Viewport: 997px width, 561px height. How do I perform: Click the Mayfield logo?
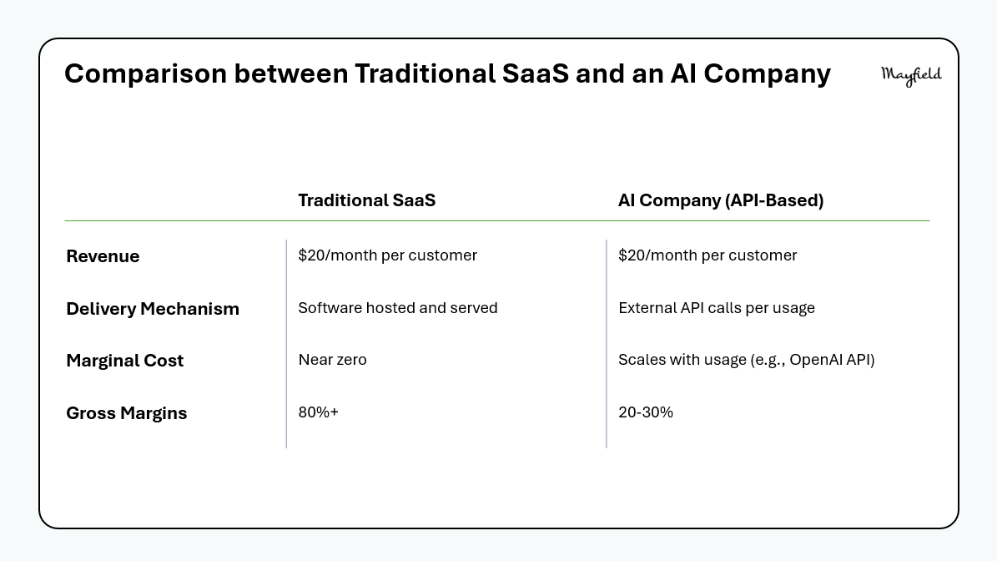(911, 75)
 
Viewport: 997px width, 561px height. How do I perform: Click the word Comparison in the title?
(146, 74)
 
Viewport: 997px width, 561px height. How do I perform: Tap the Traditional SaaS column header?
(367, 200)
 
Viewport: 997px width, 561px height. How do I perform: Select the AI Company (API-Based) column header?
(720, 200)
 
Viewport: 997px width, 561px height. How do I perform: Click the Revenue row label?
(103, 256)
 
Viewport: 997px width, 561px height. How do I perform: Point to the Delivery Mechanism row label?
(153, 309)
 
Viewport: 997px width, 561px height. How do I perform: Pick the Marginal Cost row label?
(124, 361)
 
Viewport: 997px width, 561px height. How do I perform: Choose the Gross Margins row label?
(127, 413)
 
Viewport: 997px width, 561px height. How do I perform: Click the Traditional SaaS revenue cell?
(387, 255)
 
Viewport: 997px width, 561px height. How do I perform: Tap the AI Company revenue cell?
(707, 255)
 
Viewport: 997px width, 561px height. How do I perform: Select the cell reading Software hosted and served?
(397, 308)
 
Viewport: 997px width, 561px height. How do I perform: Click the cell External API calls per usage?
(716, 308)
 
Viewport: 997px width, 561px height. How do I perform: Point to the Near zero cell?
(332, 360)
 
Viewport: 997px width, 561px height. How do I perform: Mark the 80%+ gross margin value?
(318, 412)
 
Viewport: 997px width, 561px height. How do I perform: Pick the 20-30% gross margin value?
(646, 412)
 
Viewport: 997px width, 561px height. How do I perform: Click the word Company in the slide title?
(767, 74)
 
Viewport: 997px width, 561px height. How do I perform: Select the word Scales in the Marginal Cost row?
(637, 360)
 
